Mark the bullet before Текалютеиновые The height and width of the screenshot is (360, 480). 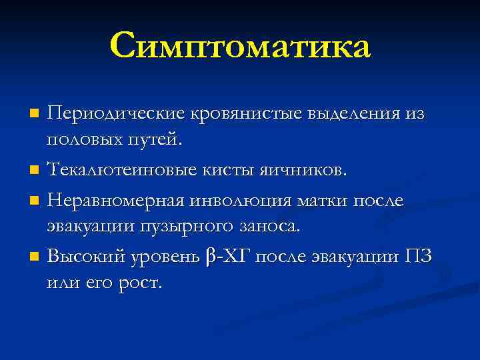click(x=35, y=172)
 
